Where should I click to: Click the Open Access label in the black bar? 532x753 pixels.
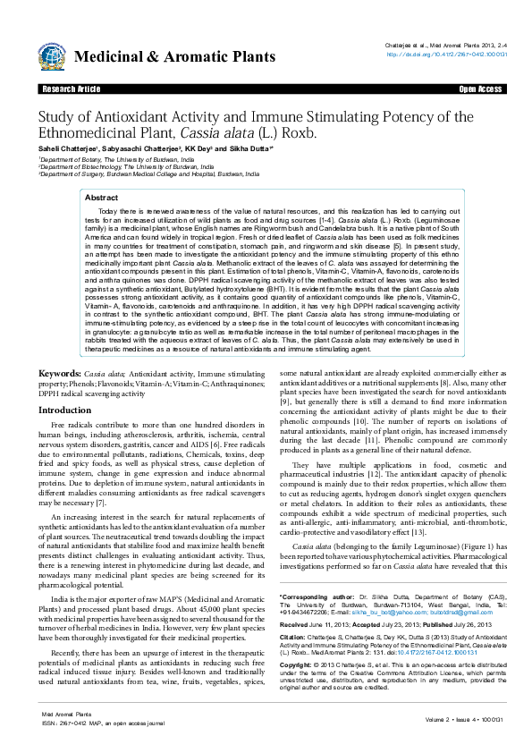point(480,90)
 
